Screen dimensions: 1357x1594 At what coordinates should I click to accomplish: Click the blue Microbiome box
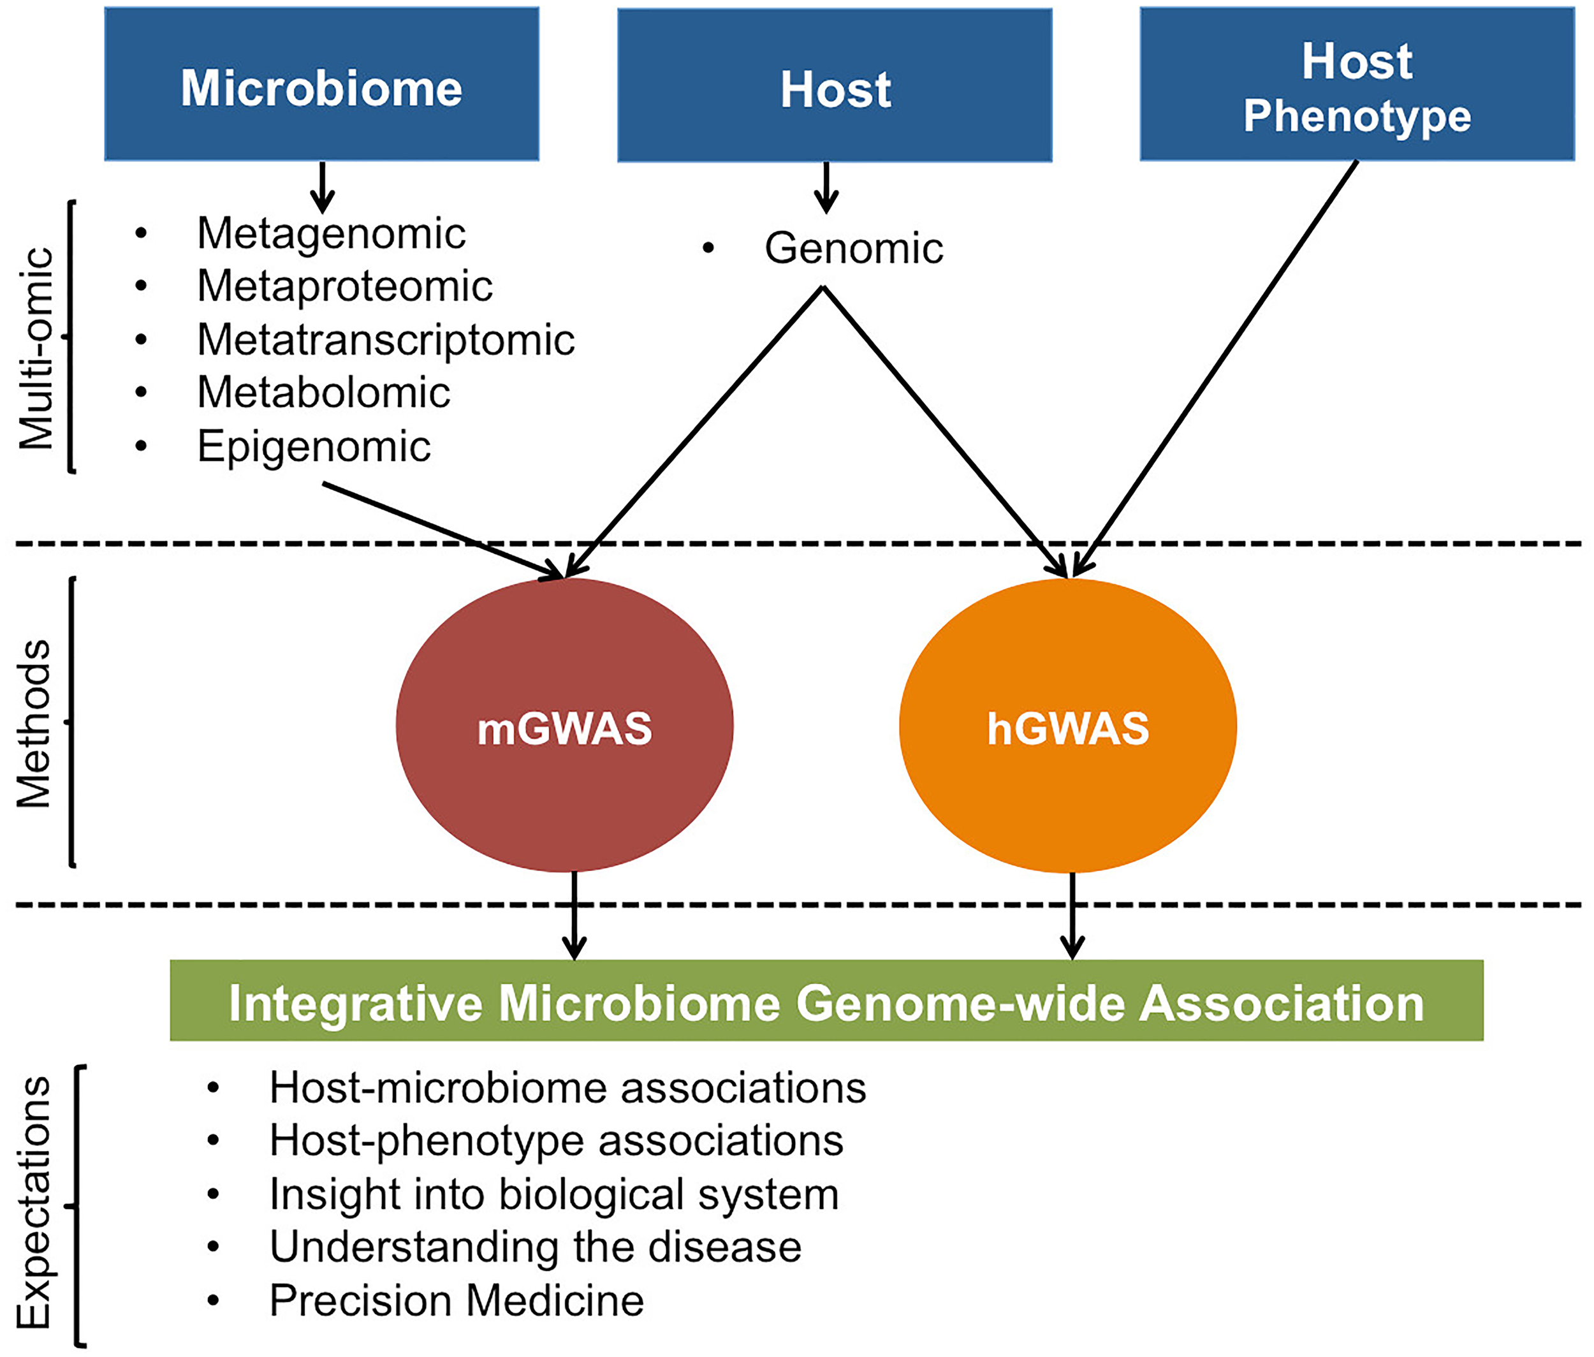click(x=321, y=85)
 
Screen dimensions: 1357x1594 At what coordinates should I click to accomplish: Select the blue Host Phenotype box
click(x=1356, y=85)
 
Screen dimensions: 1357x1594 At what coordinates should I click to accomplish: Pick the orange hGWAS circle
click(x=1068, y=726)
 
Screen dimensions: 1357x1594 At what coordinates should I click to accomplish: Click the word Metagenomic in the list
click(x=331, y=233)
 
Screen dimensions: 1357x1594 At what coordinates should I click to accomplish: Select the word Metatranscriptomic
click(x=384, y=339)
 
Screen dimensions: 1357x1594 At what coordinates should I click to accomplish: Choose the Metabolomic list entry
click(x=323, y=392)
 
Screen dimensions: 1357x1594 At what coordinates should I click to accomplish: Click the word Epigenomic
click(x=313, y=446)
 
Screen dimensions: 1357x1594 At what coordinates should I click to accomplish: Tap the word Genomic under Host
click(x=853, y=247)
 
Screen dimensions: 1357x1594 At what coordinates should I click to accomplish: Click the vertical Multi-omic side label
click(x=37, y=348)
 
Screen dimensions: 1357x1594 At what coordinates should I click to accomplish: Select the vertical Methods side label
click(x=34, y=723)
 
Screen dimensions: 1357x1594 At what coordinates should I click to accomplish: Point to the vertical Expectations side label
click(x=34, y=1203)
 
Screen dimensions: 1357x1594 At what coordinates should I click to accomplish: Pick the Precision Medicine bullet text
click(x=456, y=1301)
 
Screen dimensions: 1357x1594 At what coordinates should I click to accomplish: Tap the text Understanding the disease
click(x=535, y=1246)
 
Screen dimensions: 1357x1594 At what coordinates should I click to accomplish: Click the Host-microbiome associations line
click(x=567, y=1088)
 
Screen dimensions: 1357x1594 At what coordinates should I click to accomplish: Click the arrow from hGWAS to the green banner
click(x=1072, y=916)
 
